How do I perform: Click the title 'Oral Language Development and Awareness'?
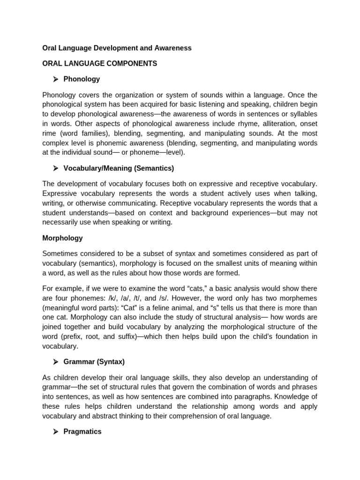coord(117,48)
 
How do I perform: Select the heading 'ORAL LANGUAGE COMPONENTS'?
coord(99,63)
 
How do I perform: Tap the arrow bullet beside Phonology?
coord(55,79)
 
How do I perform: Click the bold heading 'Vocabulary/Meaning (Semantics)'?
coord(119,168)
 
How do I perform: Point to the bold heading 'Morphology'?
coord(62,238)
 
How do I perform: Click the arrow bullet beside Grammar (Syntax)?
coord(55,362)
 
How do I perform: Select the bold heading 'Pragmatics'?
coord(82,432)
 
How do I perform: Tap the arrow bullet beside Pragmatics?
coord(55,432)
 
